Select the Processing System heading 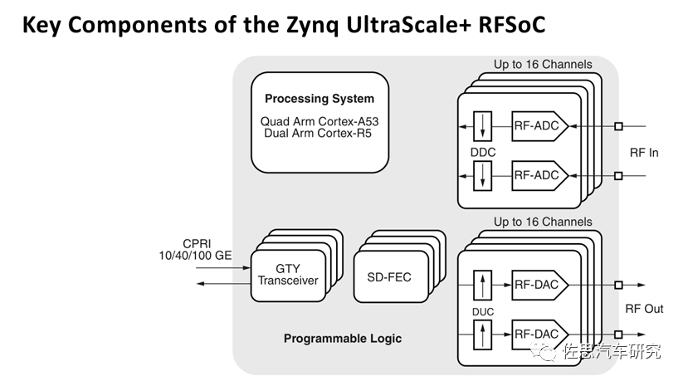[x=320, y=99]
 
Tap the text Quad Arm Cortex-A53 [x=320, y=121]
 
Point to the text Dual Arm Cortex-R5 [x=320, y=133]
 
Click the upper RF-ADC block [x=539, y=127]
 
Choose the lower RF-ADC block [x=539, y=175]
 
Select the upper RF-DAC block [x=539, y=286]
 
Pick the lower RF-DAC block [x=539, y=334]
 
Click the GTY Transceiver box [x=288, y=275]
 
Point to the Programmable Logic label [x=342, y=339]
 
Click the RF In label [x=643, y=153]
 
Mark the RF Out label [x=644, y=309]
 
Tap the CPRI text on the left [x=199, y=243]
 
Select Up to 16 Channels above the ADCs [x=543, y=64]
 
